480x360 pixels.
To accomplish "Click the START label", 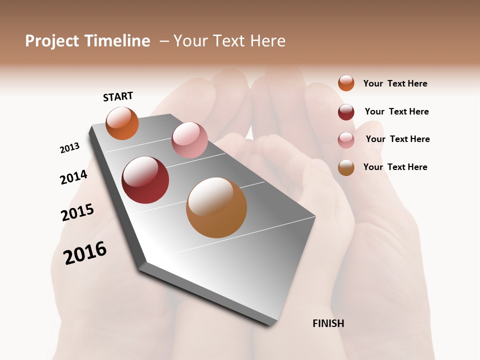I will click(118, 96).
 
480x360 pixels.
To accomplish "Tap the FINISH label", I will click(328, 323).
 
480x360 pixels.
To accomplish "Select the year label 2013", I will click(69, 148).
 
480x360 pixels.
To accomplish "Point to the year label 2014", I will click(73, 177).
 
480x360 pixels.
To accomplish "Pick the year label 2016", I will click(85, 252).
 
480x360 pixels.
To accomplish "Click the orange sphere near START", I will click(122, 123).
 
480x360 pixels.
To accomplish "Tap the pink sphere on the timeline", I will click(189, 139).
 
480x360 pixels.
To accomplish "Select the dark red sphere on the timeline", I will click(145, 180).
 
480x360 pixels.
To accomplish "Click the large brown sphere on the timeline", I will click(216, 207).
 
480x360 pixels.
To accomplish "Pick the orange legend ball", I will click(346, 83).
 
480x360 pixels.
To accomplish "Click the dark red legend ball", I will click(346, 112).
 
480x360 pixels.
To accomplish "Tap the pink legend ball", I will click(346, 140).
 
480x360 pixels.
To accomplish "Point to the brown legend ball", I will click(346, 167).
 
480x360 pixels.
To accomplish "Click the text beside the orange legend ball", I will click(395, 84).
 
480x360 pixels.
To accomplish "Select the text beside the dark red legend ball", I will click(396, 111).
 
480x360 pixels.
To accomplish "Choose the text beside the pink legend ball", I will click(397, 139).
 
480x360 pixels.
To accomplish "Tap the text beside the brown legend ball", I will click(395, 167).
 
